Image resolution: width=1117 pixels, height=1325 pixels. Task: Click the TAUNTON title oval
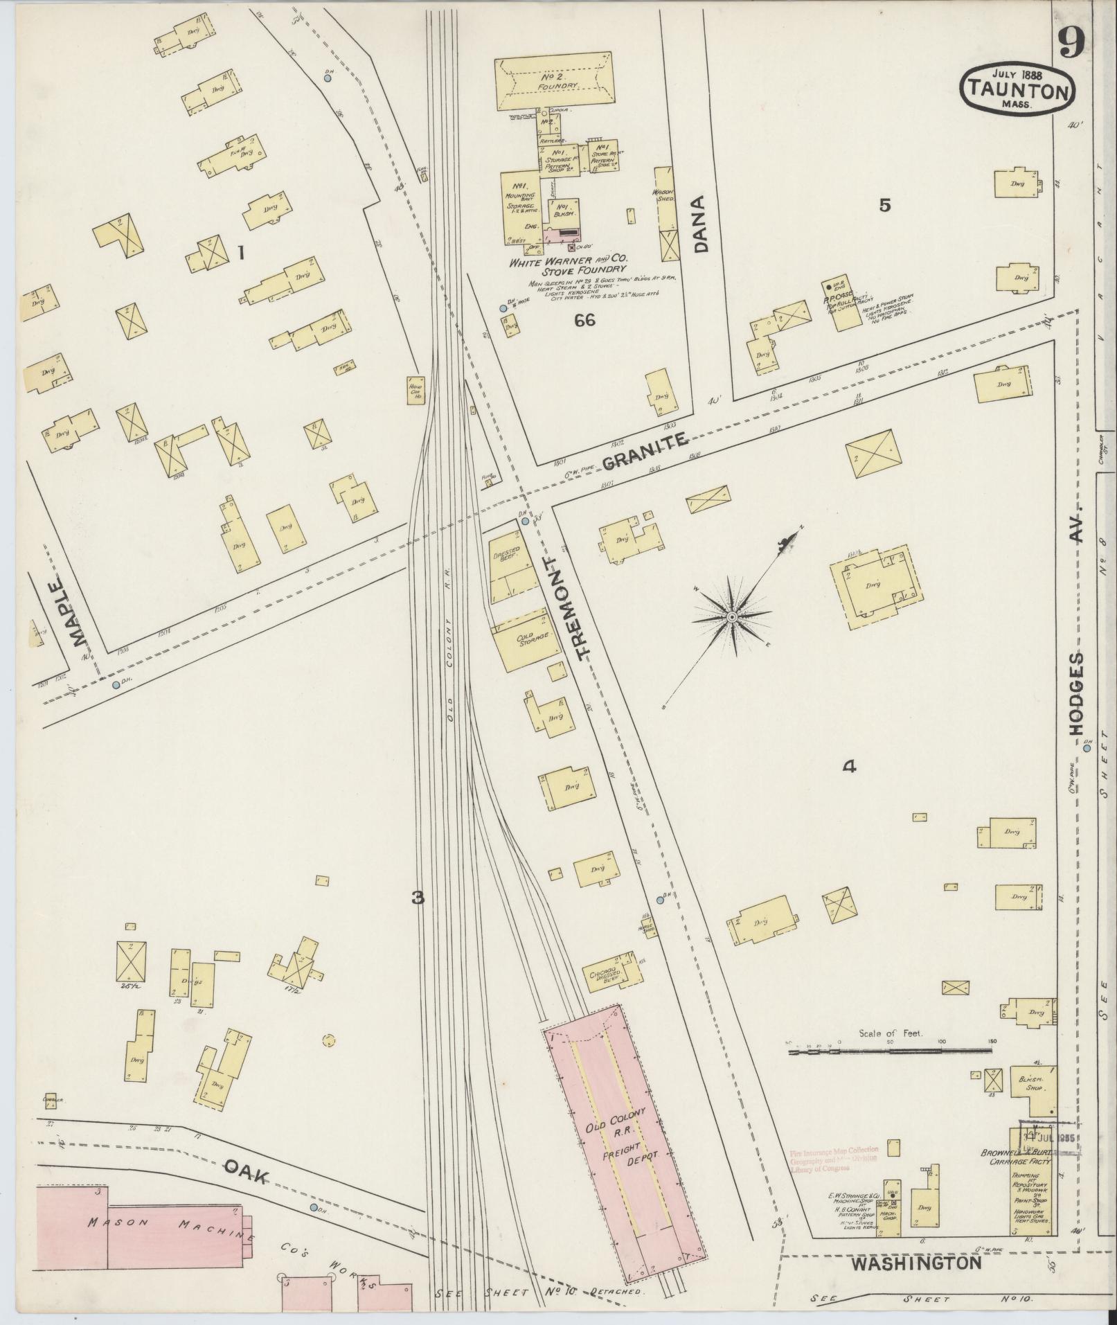(x=1017, y=89)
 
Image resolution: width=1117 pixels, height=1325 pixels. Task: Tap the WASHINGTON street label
(x=915, y=1263)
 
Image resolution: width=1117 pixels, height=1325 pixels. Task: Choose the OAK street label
(x=246, y=1175)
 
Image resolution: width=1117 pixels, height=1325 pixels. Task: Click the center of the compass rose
(x=732, y=616)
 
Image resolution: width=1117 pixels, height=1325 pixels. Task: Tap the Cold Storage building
(x=528, y=639)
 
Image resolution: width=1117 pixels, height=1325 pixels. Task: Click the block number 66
(x=585, y=320)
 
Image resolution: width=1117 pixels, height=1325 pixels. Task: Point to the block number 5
(x=884, y=205)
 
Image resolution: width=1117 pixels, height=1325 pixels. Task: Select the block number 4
(x=849, y=766)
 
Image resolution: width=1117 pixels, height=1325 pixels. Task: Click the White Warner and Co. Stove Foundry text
(x=567, y=266)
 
